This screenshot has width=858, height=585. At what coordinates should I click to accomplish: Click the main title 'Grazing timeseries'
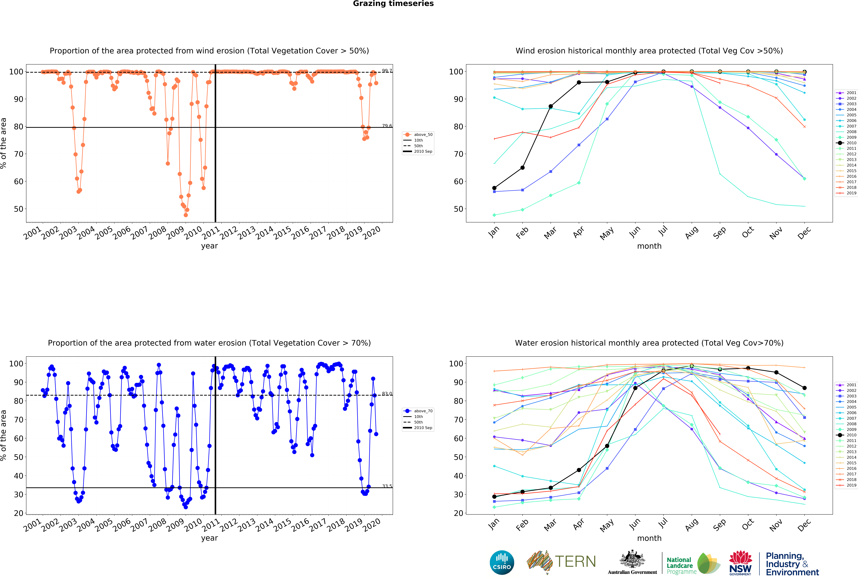pos(393,4)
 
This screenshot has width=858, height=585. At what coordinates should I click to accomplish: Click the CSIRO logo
pos(502,562)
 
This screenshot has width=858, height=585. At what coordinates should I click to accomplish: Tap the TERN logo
pos(561,562)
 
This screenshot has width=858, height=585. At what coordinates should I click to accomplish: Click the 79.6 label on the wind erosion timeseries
pos(387,126)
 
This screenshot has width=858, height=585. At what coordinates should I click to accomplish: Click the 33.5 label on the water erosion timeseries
pos(387,486)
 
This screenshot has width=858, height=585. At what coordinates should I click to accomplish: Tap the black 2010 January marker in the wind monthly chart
pos(494,188)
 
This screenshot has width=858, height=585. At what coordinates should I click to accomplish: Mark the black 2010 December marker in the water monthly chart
pos(804,388)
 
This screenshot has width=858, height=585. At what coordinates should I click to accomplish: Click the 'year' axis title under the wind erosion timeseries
pos(209,246)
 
